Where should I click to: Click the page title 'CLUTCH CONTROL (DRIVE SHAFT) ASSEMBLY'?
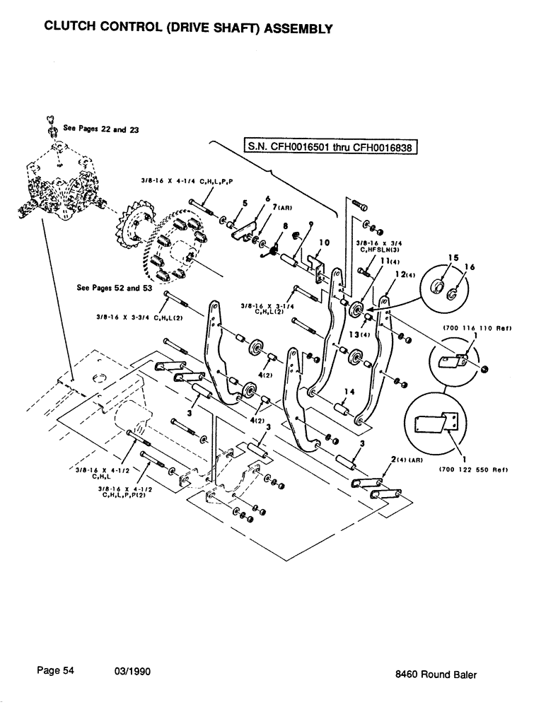(x=187, y=28)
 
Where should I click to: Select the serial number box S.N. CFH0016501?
(x=331, y=147)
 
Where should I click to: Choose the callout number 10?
(x=323, y=243)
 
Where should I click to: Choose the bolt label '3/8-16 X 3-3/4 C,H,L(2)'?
(x=140, y=316)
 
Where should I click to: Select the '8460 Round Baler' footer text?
(x=436, y=674)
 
